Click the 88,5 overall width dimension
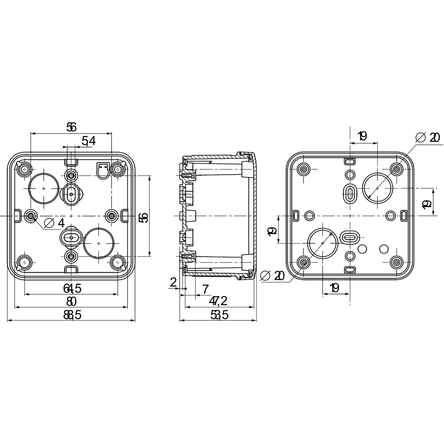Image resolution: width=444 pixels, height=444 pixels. (x=72, y=315)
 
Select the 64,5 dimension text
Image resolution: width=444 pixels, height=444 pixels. (x=72, y=288)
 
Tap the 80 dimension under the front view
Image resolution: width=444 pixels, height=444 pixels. (x=72, y=301)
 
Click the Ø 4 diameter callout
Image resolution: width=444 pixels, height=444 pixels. (x=54, y=223)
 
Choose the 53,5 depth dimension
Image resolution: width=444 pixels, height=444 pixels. (x=219, y=315)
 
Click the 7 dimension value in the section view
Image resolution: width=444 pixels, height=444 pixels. (x=206, y=288)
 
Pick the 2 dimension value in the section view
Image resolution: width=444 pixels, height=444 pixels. (x=173, y=282)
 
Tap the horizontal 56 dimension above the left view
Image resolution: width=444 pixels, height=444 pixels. (x=72, y=127)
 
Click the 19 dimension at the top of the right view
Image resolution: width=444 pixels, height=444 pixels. (x=362, y=136)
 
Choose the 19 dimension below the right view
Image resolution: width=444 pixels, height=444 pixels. (x=334, y=287)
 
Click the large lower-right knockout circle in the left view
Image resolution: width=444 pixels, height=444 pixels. (x=99, y=243)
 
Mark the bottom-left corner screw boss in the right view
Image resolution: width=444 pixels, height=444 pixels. (x=304, y=262)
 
